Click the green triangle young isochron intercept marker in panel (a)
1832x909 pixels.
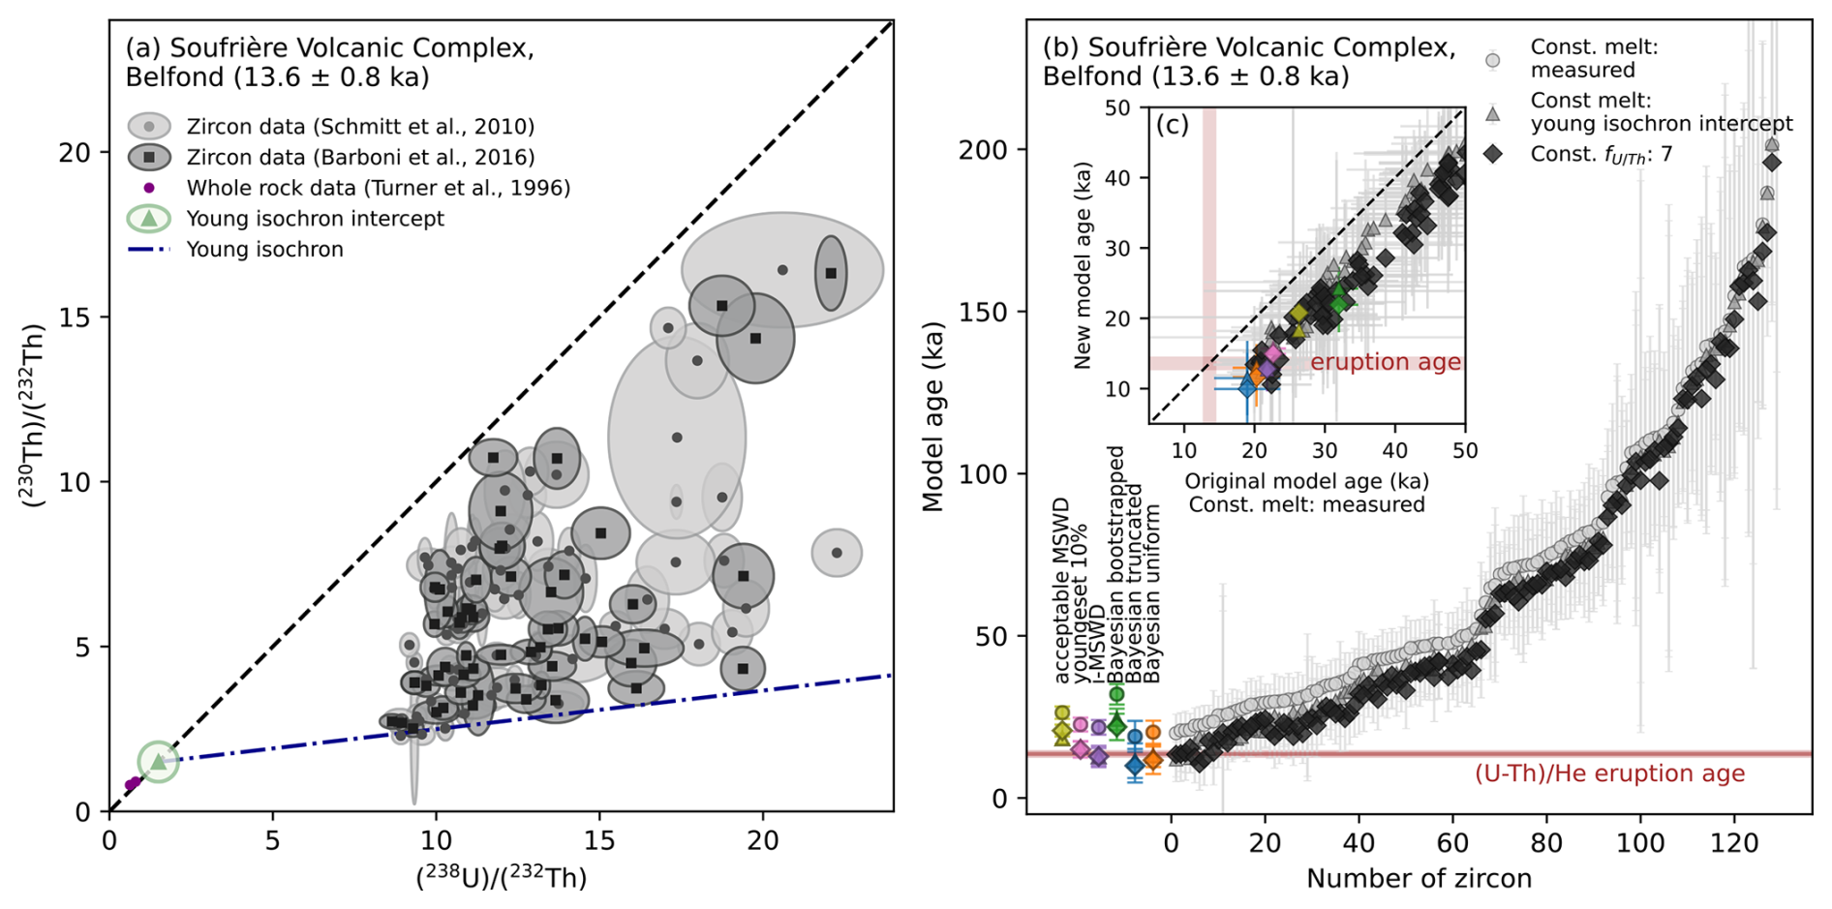click(x=158, y=762)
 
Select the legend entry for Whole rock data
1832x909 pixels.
click(x=378, y=188)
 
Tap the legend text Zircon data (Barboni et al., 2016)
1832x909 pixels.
click(x=360, y=157)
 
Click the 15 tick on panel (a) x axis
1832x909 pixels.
click(x=599, y=839)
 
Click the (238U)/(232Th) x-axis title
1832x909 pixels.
click(x=501, y=877)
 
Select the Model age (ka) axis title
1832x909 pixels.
click(x=932, y=416)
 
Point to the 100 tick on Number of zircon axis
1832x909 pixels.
click(x=1640, y=843)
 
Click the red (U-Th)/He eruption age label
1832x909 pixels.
click(x=1609, y=773)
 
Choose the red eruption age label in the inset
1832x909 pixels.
click(x=1385, y=362)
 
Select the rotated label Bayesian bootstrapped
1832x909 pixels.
click(x=1116, y=564)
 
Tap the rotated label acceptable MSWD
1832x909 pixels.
click(x=1062, y=591)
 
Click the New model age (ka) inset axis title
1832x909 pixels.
click(x=1083, y=265)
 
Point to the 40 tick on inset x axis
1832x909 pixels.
click(x=1394, y=450)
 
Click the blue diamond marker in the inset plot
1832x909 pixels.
click(x=1247, y=388)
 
